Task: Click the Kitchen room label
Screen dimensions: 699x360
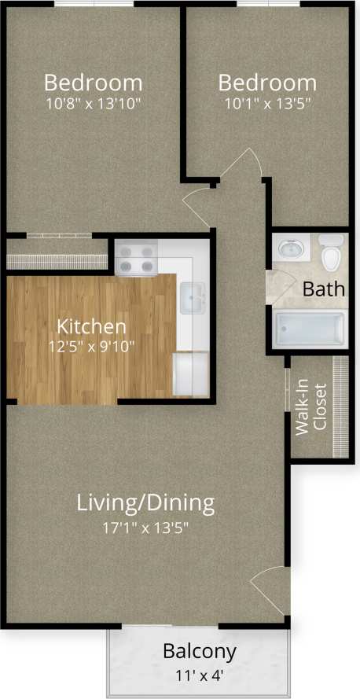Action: pos(92,326)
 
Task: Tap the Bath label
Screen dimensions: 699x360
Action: pos(324,289)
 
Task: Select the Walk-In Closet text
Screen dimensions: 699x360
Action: pos(310,407)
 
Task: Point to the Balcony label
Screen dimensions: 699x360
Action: pos(199,651)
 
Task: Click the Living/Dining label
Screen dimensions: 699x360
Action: pos(145,502)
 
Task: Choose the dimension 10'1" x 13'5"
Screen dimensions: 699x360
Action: pos(267,102)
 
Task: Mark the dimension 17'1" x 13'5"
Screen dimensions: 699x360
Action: pos(145,527)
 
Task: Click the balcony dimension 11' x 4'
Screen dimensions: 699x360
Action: pos(199,674)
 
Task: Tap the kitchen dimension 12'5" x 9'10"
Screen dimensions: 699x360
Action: pos(92,346)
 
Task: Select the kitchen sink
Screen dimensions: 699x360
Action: pos(193,300)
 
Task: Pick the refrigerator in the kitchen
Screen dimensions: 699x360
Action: pos(191,373)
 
